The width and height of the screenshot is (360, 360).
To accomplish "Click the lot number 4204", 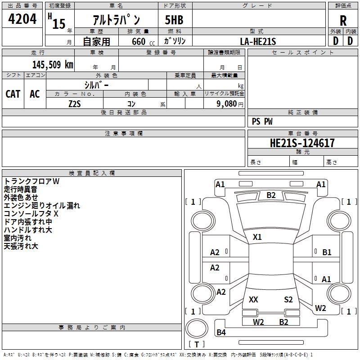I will click(x=22, y=19).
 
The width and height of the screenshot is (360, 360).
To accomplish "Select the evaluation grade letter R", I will click(x=343, y=20).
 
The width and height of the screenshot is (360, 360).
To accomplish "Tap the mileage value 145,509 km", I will click(x=53, y=64).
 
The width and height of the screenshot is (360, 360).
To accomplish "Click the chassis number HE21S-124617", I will click(x=302, y=143).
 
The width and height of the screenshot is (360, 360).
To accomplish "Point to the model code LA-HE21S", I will click(x=258, y=41).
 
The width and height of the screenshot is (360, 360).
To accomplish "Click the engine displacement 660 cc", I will click(x=138, y=42).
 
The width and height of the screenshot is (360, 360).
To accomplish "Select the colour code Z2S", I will click(x=75, y=103).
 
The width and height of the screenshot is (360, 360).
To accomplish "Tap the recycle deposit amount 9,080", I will click(x=227, y=104).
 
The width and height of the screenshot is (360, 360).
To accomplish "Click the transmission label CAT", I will click(x=13, y=94).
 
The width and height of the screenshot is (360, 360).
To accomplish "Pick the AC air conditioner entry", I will click(x=35, y=94).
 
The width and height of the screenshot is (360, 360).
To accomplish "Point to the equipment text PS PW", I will click(x=262, y=121).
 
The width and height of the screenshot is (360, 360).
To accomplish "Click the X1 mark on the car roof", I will click(x=257, y=237).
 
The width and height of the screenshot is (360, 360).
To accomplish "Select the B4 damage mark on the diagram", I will click(x=221, y=333).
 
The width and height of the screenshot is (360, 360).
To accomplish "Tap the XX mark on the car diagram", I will click(x=253, y=300).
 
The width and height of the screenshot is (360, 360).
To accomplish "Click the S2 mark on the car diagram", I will click(x=288, y=300).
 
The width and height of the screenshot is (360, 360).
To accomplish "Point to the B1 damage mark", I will click(x=327, y=252).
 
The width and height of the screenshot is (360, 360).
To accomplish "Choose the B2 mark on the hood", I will click(x=271, y=195).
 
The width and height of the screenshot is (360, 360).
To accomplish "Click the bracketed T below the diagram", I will click(x=197, y=344).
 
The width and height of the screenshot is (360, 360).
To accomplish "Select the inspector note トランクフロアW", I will click(x=31, y=181).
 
